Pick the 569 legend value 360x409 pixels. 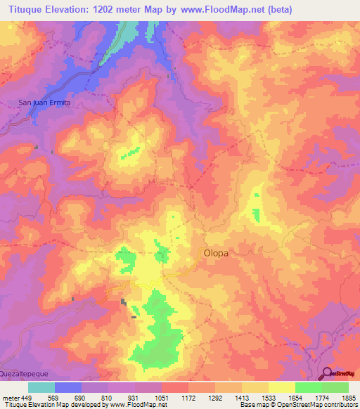[x=55, y=398]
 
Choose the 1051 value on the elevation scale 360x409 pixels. [x=162, y=398]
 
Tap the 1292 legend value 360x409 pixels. [x=215, y=398]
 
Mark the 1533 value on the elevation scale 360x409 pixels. [x=269, y=398]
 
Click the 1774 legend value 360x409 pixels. [x=322, y=398]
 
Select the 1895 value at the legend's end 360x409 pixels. [x=347, y=398]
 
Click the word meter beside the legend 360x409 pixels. [x=10, y=398]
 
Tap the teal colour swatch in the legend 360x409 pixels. [x=41, y=387]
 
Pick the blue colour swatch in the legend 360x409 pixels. [x=68, y=387]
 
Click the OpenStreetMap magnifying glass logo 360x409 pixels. [x=327, y=373]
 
